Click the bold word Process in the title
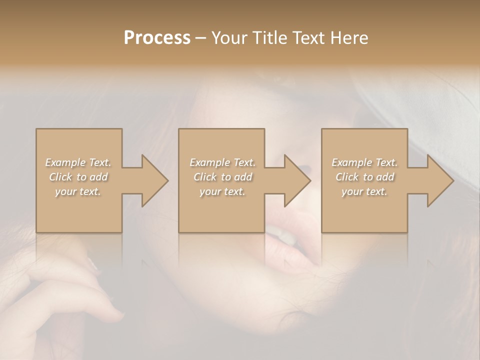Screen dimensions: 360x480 coord(157,38)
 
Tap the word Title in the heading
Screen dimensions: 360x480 coord(270,38)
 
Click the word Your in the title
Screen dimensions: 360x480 coord(229,38)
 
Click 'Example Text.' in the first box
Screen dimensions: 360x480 coord(78,162)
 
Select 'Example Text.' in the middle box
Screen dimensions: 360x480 coord(222,162)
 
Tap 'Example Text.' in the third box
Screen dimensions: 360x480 coord(364,162)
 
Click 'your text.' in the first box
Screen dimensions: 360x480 coord(78,191)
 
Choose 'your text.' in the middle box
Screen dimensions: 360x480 coord(222,191)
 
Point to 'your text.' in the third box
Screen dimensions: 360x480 coord(364,191)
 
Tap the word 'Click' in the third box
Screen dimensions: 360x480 coord(347,177)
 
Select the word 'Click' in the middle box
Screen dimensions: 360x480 coord(205,177)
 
